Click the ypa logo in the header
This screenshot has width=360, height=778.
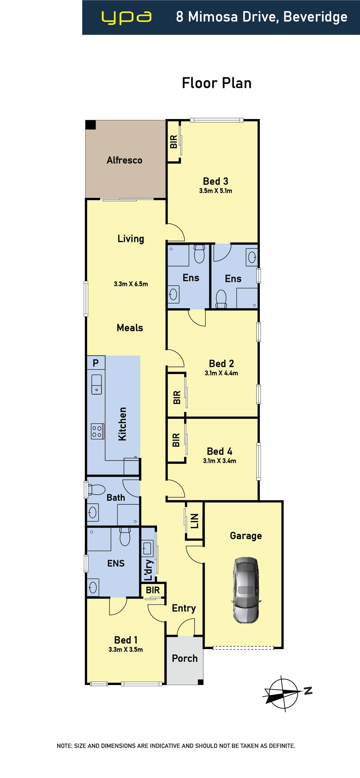[x=126, y=18]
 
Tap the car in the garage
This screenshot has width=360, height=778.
[x=246, y=590]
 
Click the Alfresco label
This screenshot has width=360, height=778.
[x=124, y=160]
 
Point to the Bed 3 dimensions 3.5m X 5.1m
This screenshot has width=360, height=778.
[x=215, y=191]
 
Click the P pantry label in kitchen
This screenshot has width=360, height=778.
[x=96, y=363]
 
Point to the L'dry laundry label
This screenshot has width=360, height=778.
[x=148, y=570]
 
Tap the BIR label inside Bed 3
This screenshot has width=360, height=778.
[x=173, y=141]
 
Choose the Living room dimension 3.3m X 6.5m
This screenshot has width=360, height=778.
[x=131, y=284]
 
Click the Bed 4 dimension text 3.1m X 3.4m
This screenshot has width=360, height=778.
[x=220, y=461]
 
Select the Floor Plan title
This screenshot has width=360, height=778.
[x=217, y=83]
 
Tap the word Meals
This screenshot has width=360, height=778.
[x=130, y=328]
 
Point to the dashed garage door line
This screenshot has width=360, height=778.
[x=243, y=648]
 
